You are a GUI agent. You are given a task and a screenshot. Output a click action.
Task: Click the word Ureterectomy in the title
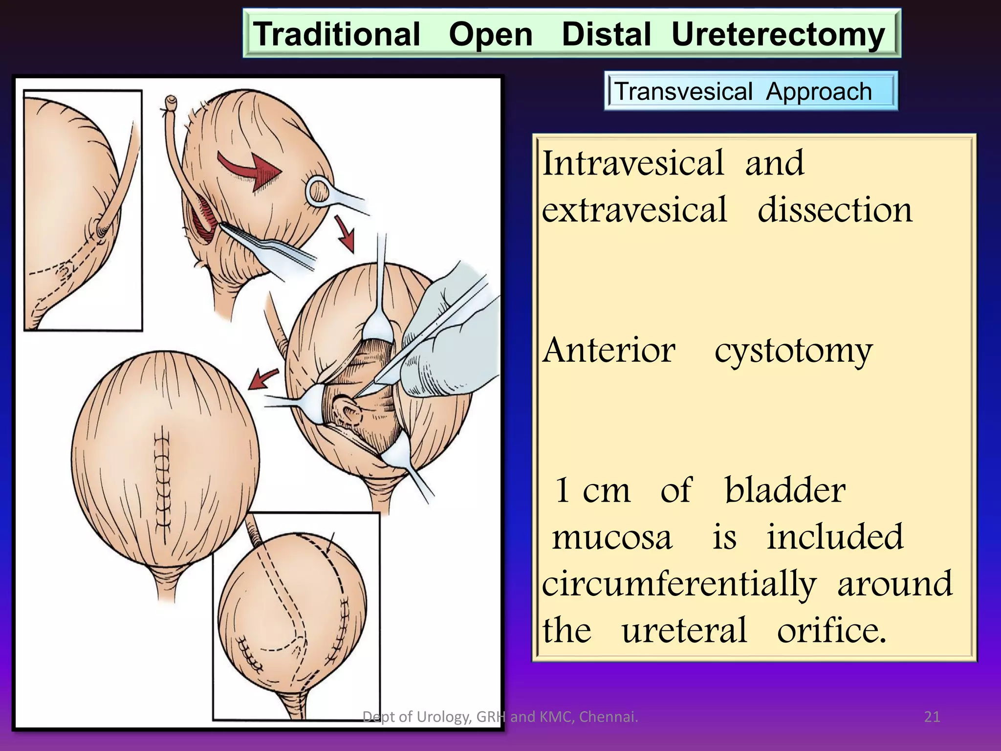[778, 34]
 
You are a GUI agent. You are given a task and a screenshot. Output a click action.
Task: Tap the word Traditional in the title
[337, 34]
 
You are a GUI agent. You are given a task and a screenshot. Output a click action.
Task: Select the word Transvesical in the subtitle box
[683, 91]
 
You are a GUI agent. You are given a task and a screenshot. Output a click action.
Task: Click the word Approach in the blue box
[819, 91]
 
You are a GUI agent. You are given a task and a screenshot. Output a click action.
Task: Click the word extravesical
[634, 210]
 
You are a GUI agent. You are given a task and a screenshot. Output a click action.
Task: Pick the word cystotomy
[793, 351]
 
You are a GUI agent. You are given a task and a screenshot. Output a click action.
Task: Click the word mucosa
[612, 537]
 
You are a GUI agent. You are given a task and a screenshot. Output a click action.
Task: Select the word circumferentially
[679, 584]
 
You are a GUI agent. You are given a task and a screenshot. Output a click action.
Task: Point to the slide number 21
[932, 717]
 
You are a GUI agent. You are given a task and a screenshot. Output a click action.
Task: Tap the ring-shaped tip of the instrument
[319, 191]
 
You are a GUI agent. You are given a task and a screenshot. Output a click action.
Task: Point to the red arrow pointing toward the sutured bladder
[263, 379]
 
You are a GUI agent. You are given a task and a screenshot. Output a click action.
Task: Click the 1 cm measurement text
[592, 490]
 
